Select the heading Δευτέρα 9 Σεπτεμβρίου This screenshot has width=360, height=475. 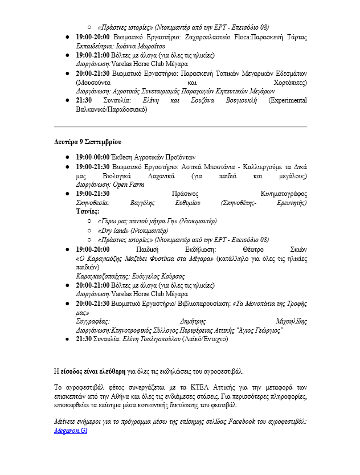[87, 141]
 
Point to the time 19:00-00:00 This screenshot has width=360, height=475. [93, 157]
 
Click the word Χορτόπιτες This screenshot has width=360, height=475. [290, 83]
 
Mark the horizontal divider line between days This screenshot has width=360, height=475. [180, 126]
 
